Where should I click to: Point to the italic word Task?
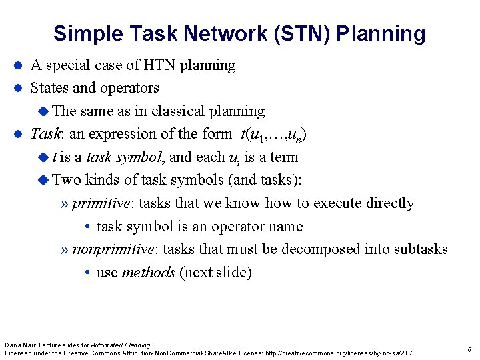(x=46, y=134)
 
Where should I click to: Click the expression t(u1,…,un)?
(x=273, y=135)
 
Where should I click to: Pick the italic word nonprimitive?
(x=113, y=249)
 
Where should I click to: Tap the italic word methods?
(x=148, y=273)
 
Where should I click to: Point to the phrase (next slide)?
(x=215, y=273)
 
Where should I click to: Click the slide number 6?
(x=469, y=349)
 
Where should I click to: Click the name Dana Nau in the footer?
(x=19, y=345)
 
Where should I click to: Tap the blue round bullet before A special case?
(x=19, y=66)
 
